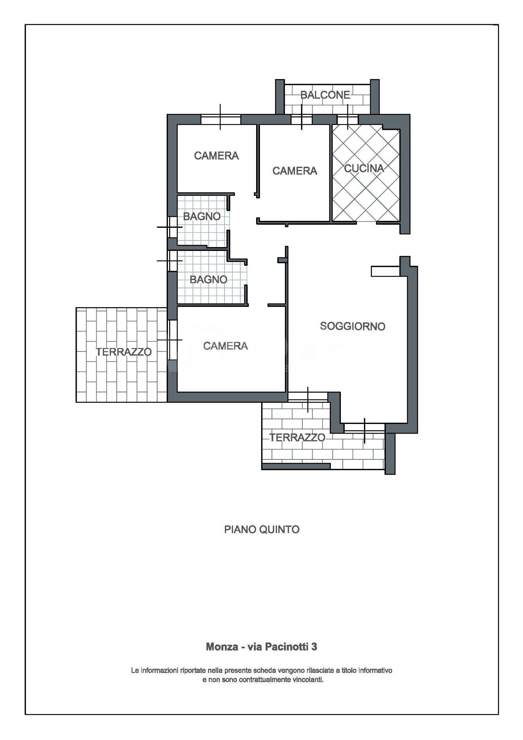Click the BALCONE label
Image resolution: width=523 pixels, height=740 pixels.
[x=325, y=95]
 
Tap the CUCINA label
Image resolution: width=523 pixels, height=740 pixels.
[x=364, y=168]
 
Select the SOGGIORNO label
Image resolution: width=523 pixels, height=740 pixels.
[x=352, y=326]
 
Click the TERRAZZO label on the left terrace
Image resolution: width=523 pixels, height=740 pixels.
[x=124, y=352]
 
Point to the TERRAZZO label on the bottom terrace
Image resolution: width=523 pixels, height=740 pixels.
[x=297, y=437]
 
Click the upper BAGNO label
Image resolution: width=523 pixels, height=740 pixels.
[x=202, y=217]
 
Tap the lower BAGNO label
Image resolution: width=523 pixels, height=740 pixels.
[x=208, y=279]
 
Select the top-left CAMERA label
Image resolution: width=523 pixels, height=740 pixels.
[x=216, y=156]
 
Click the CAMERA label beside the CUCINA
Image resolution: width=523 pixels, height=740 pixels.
[x=295, y=171]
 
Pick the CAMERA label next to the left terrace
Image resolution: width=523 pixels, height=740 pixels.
[x=225, y=346]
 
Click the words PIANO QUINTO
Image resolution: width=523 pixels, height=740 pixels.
[x=262, y=529]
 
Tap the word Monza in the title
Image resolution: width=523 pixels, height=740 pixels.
[x=222, y=646]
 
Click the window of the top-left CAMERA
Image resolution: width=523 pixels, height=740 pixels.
[x=221, y=119]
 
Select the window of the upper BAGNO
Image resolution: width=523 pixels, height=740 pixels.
[x=172, y=227]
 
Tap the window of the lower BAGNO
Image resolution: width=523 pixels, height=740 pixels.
[x=172, y=261]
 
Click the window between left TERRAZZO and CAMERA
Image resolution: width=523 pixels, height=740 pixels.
[x=172, y=340]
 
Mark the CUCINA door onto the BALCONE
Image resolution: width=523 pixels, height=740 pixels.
[x=348, y=119]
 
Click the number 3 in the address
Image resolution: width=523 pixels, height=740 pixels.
[x=314, y=646]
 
